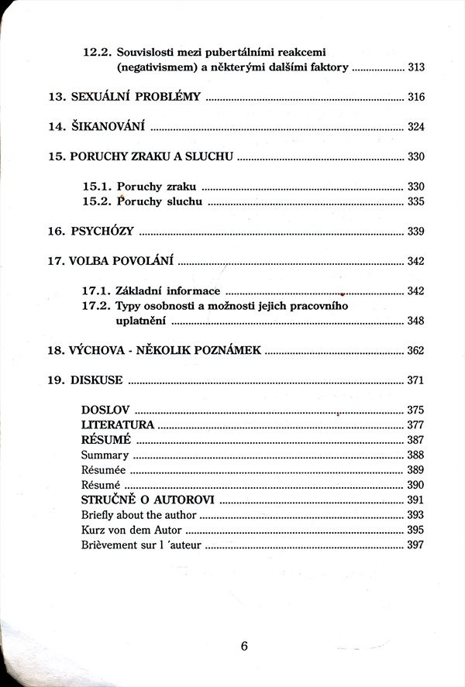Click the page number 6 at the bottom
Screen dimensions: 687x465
(243, 647)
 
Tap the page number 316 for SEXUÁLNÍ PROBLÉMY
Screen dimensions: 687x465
(415, 98)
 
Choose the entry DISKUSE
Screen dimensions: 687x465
(96, 380)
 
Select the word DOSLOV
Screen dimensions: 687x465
(105, 410)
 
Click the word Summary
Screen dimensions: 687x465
(105, 455)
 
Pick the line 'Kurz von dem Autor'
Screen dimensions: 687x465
(132, 530)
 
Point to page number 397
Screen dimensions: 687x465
(415, 545)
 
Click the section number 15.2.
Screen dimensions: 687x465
(97, 202)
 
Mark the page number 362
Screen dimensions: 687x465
(415, 351)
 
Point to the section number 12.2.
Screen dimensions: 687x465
(97, 53)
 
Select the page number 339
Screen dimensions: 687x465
(415, 232)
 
